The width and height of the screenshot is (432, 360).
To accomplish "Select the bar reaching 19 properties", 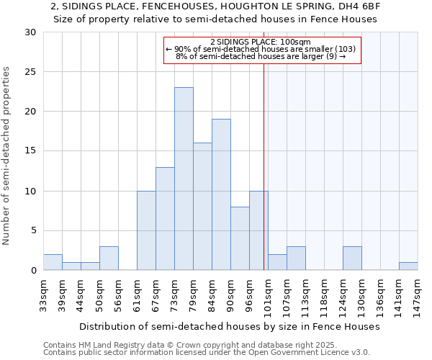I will [x=221, y=194].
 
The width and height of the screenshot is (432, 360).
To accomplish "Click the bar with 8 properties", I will [x=240, y=238].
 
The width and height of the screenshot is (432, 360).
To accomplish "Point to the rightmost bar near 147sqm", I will [x=408, y=266].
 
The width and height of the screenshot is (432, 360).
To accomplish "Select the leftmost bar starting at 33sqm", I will [x=53, y=263].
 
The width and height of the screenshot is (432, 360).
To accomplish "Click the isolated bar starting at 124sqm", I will [x=352, y=258].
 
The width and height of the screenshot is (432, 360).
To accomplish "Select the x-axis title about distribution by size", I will [x=229, y=326].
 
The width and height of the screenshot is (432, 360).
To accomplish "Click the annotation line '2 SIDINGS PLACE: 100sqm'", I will [x=261, y=42].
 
